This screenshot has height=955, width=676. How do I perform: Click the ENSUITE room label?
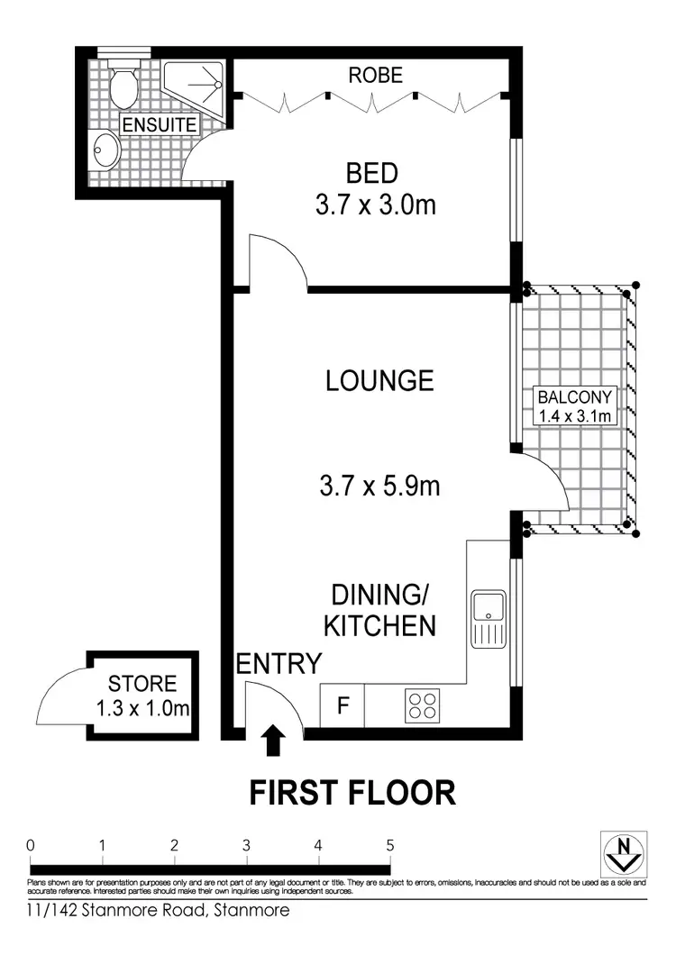coord(159,125)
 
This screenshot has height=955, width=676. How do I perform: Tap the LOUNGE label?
coord(379,380)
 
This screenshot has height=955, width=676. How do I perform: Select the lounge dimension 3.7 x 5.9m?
coord(379,487)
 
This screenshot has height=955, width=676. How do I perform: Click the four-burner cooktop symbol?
coord(420,704)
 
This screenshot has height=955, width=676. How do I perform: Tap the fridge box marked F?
coord(343,705)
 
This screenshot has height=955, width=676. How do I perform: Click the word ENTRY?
coord(279,664)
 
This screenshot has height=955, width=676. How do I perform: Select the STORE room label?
coord(142,685)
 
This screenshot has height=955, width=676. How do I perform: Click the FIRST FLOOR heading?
coord(352,793)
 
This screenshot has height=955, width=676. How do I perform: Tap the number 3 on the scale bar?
coord(246,845)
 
